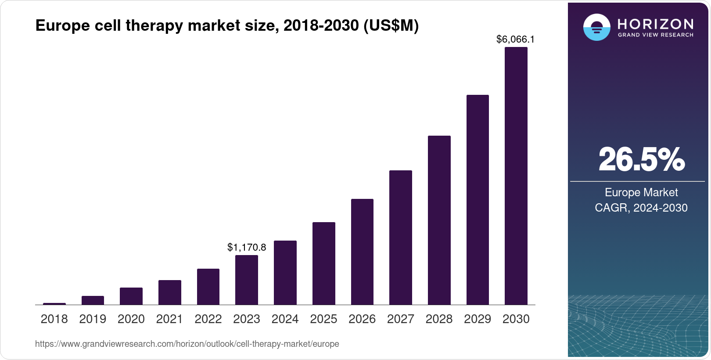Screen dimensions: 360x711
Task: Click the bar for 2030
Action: [x=516, y=176]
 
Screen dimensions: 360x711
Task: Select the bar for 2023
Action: [x=247, y=280]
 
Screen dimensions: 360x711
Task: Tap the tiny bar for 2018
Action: [x=54, y=303]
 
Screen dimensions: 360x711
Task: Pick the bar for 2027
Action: [x=400, y=237]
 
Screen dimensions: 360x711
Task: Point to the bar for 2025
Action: [x=323, y=263]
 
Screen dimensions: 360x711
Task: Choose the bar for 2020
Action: [x=131, y=296]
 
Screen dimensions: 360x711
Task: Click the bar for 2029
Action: [x=478, y=200]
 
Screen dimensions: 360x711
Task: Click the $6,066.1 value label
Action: [x=515, y=39]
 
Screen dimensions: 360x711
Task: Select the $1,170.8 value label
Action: [x=247, y=247]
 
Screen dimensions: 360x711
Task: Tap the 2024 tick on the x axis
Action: [x=285, y=319]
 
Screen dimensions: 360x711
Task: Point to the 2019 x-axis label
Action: [x=93, y=319]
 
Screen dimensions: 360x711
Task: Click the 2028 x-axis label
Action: [x=439, y=319]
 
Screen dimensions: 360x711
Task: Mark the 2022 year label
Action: [x=208, y=319]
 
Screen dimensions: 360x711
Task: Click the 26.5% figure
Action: [x=641, y=160]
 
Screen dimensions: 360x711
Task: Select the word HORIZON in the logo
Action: [x=655, y=24]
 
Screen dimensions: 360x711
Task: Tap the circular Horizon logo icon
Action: [x=596, y=27]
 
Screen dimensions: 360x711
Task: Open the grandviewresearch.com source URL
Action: [x=187, y=344]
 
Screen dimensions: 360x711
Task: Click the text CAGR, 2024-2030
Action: [x=641, y=208]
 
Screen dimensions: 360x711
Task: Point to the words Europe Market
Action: [x=641, y=192]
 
